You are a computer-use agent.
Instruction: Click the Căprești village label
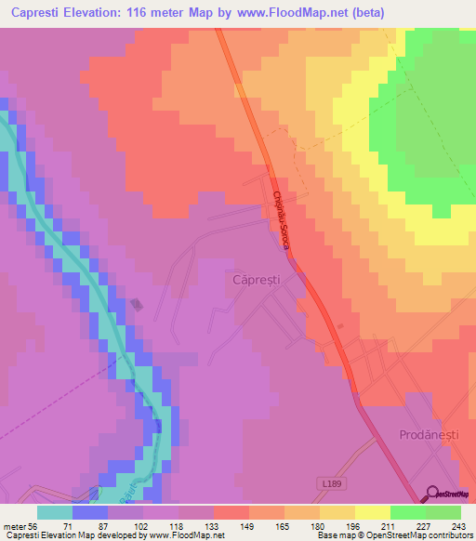(256, 279)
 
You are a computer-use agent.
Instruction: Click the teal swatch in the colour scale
(54, 512)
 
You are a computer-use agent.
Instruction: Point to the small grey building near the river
(137, 304)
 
